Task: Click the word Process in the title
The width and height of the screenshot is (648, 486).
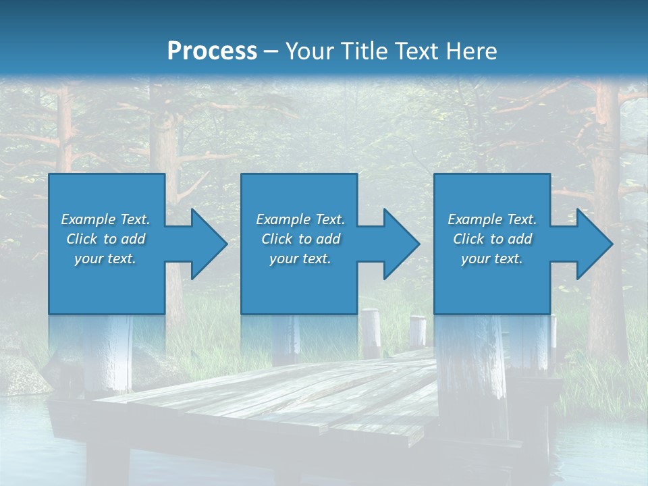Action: click(212, 51)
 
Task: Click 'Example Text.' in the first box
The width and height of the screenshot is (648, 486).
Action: click(105, 219)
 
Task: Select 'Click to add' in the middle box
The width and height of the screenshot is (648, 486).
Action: click(300, 239)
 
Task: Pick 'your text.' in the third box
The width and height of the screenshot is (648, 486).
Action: click(491, 259)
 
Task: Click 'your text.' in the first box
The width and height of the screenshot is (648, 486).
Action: click(105, 259)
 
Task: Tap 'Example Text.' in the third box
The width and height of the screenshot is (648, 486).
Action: click(491, 219)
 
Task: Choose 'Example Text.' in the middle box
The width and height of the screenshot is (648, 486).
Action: click(300, 219)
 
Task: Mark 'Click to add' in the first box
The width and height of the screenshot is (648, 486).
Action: click(105, 239)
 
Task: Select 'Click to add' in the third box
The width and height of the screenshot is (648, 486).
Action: click(491, 239)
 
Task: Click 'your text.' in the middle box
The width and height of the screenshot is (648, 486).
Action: click(300, 259)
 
